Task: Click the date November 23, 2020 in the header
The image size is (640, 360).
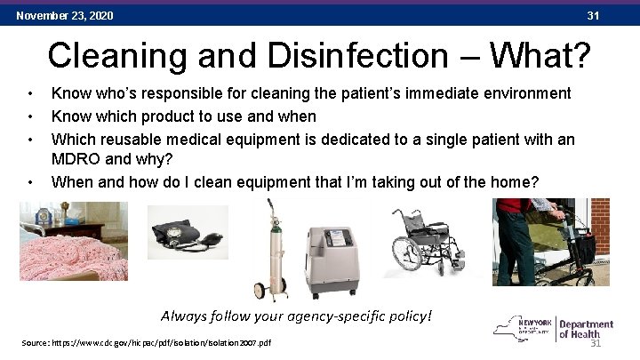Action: point(64,16)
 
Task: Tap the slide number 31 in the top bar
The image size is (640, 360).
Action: point(593,16)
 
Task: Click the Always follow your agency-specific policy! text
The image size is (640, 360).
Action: point(296,316)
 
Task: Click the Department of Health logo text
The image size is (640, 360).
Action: point(587,329)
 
